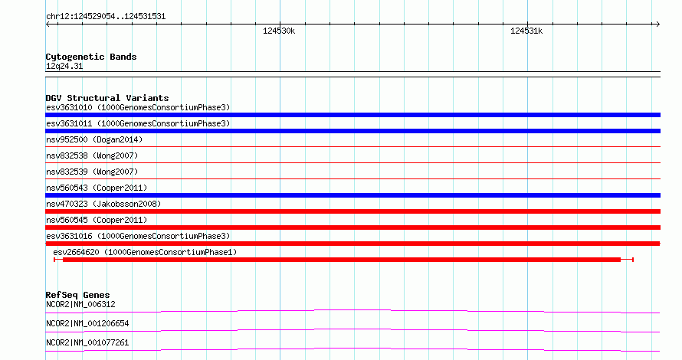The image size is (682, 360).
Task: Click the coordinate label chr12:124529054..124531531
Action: pos(106,17)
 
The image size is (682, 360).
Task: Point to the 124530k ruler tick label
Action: pos(279,31)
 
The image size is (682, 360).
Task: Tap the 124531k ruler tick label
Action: pos(526,31)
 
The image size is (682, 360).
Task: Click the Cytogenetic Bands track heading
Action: pos(91,57)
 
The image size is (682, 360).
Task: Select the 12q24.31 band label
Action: pos(64,66)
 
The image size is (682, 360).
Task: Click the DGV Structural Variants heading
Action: pos(107,98)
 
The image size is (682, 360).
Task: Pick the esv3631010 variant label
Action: pos(138,107)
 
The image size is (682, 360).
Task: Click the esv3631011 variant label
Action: pos(138,123)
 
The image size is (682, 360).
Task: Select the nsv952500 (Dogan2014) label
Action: pos(94,139)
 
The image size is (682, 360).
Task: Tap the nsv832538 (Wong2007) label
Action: pos(92,155)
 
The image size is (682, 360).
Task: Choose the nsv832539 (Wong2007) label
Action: pos(92,172)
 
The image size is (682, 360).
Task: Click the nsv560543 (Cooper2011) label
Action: pos(97,188)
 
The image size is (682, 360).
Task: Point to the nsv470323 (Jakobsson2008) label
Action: pos(103,204)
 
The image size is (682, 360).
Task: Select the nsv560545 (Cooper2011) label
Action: pos(97,220)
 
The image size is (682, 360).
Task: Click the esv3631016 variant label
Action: pos(138,236)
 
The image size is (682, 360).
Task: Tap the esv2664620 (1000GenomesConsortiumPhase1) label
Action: pos(145,252)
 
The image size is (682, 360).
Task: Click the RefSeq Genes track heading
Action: pos(77,295)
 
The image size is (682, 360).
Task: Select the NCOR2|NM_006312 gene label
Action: pos(80,304)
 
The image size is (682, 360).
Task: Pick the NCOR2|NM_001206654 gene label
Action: pos(87,323)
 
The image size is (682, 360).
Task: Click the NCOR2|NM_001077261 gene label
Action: pos(87,342)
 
